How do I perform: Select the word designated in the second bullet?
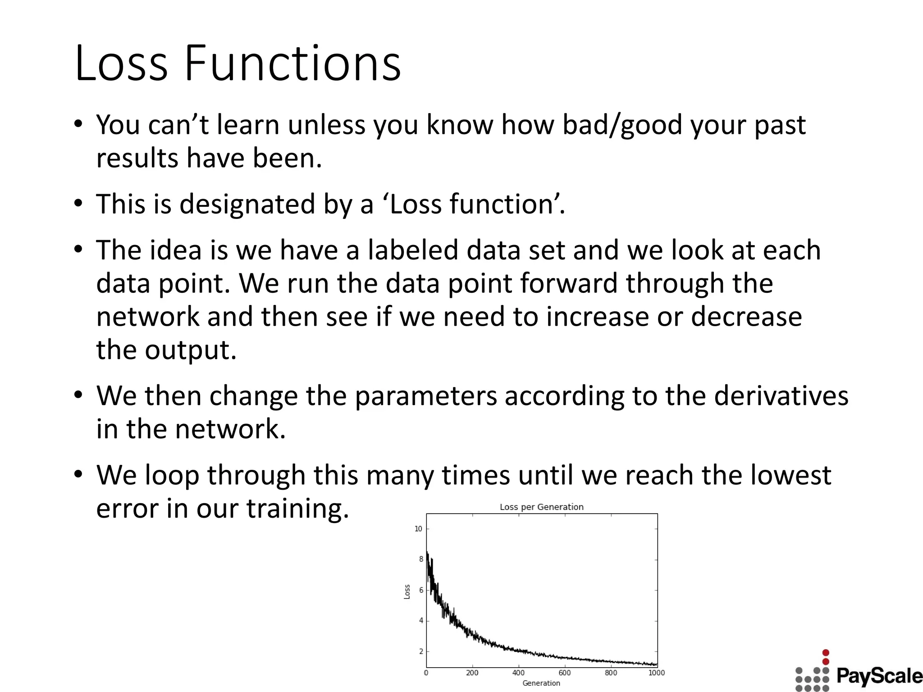(x=247, y=204)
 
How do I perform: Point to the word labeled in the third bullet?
(x=412, y=250)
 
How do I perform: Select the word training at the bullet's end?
(x=297, y=509)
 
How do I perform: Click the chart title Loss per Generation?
(x=541, y=507)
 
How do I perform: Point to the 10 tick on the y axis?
(x=418, y=529)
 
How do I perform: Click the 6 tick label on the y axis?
(x=421, y=590)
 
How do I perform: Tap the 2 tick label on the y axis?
(x=421, y=651)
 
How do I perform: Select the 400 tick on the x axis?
(x=518, y=673)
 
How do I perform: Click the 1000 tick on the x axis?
(x=657, y=673)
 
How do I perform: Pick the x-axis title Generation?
(x=541, y=683)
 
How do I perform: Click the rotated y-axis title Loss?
(x=407, y=592)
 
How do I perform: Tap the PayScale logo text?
(x=879, y=676)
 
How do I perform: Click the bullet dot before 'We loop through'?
(x=78, y=474)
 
